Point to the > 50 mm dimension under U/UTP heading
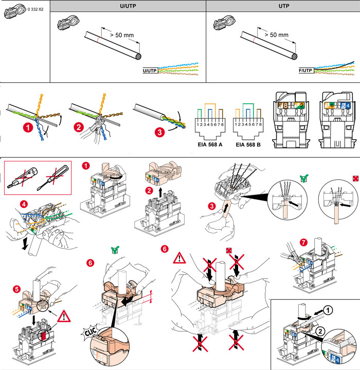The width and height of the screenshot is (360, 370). (121, 35)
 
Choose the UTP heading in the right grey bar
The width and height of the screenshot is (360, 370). (283, 6)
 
